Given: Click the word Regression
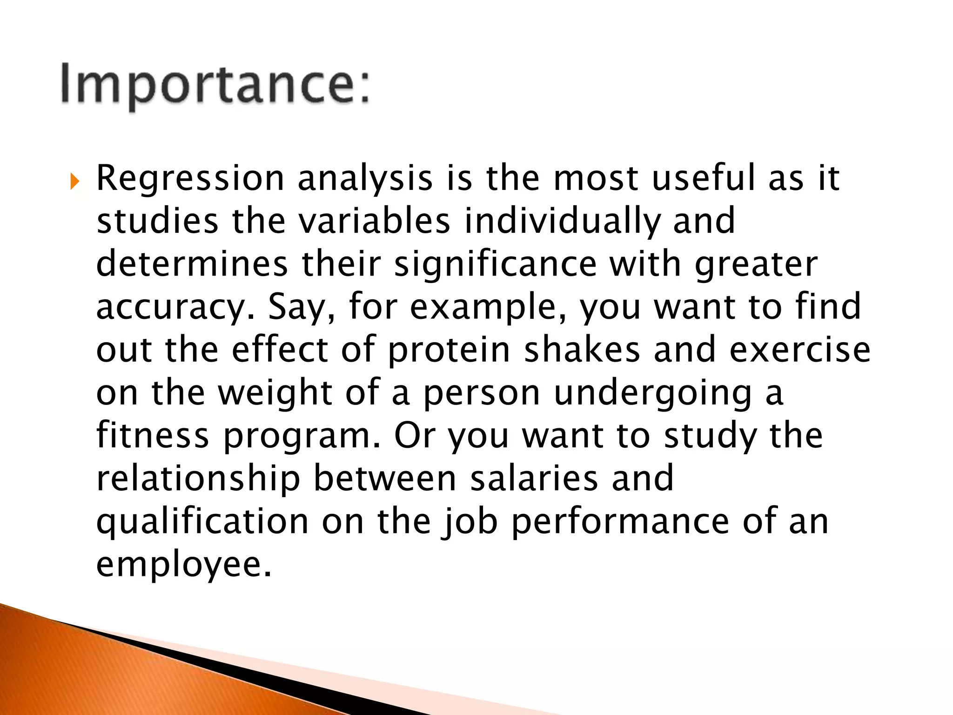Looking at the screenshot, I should [x=190, y=179].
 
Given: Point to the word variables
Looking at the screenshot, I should [x=375, y=221].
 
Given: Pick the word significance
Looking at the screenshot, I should [x=495, y=264].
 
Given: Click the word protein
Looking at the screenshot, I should [x=449, y=351].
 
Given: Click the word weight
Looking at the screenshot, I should [x=275, y=393].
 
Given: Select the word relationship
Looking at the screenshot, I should [x=198, y=479].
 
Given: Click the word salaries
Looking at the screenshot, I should [x=534, y=478].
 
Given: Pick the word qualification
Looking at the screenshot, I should [x=202, y=522].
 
